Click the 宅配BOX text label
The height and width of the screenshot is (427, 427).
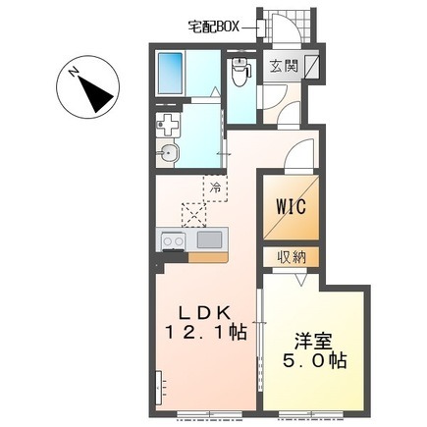click(214, 27)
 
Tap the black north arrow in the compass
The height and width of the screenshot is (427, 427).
click(95, 93)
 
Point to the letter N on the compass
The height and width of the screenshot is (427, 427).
click(75, 71)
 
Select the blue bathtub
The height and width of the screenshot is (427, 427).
click(171, 73)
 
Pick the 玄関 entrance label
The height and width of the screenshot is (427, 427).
click(284, 66)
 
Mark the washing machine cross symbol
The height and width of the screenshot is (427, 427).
click(167, 125)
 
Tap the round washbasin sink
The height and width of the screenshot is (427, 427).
click(168, 153)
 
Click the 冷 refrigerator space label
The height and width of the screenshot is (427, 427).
click(215, 187)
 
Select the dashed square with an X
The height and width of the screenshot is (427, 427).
click(194, 215)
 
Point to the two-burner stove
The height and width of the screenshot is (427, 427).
click(173, 241)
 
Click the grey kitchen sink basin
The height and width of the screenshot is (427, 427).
click(209, 240)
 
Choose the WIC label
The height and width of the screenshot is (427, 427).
click(292, 206)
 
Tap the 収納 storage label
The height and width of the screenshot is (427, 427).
click(293, 257)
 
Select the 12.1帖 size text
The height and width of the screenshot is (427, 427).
click(205, 333)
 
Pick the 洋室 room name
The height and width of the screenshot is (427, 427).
click(313, 342)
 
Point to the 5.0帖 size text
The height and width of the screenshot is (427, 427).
click(314, 361)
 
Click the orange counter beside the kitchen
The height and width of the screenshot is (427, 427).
click(208, 257)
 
